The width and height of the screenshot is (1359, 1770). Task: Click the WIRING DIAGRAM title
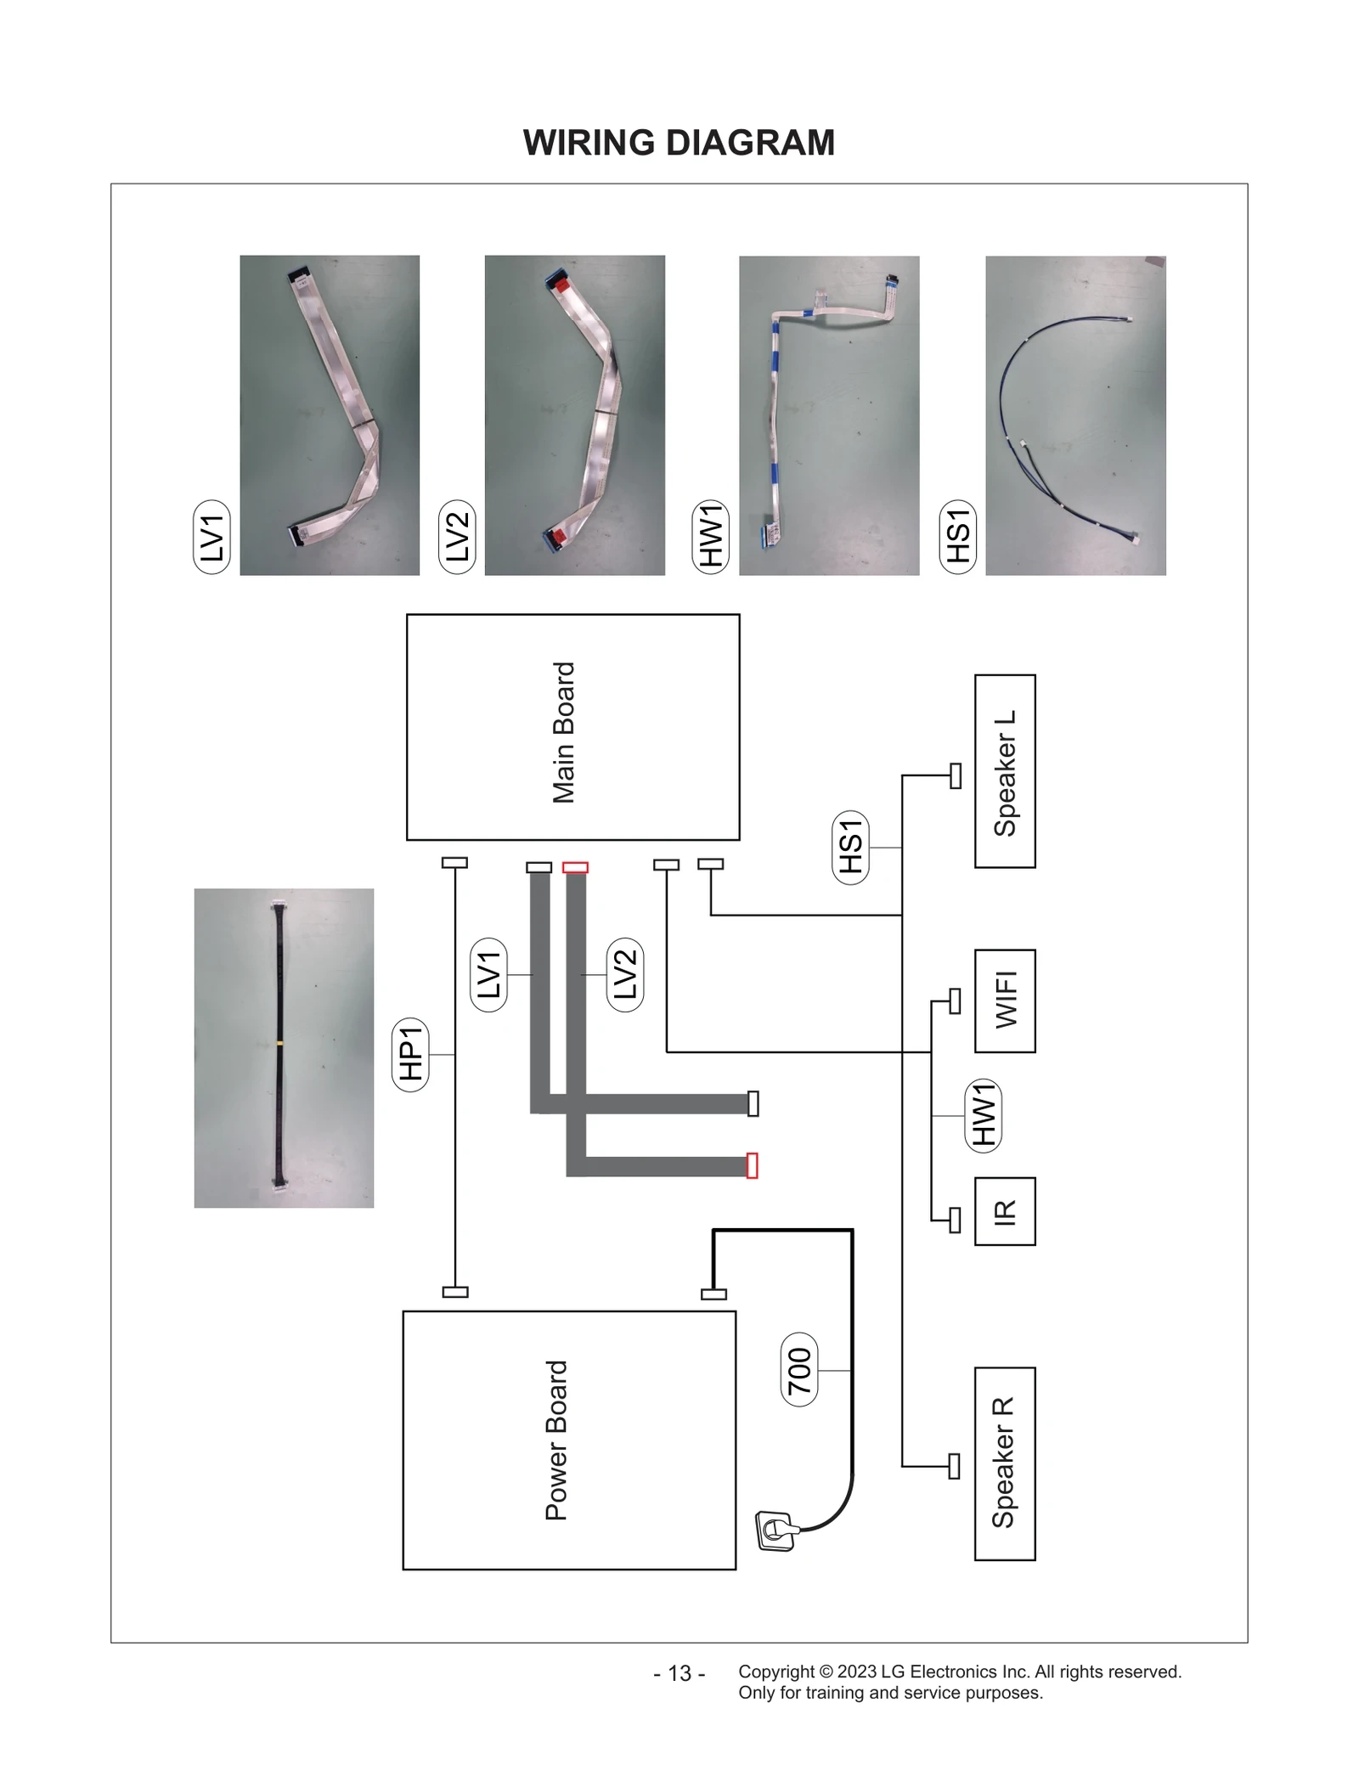[x=679, y=143]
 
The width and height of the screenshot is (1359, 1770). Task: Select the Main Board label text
[x=564, y=732]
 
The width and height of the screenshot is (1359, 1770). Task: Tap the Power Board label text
[x=556, y=1440]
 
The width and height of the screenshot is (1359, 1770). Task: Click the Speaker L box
[x=1005, y=771]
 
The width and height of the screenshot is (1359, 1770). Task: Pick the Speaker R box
[x=1004, y=1463]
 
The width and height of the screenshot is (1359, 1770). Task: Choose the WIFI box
[x=1005, y=1001]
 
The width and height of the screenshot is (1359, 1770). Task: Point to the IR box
[x=1005, y=1211]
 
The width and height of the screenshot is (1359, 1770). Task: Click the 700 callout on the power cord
[x=799, y=1371]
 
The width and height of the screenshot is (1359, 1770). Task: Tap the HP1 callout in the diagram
[x=411, y=1054]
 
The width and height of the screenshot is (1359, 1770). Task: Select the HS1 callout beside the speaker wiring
[x=850, y=847]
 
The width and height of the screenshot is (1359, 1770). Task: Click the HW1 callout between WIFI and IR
[x=984, y=1114]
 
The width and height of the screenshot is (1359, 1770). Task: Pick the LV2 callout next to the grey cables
[x=625, y=974]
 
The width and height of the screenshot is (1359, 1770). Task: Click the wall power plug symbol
[x=775, y=1531]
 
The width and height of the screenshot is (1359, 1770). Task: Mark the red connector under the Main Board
[x=575, y=867]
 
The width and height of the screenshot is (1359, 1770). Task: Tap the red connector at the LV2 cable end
[x=752, y=1165]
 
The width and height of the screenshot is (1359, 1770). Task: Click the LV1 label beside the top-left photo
[x=211, y=537]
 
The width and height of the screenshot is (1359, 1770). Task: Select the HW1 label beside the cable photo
[x=711, y=537]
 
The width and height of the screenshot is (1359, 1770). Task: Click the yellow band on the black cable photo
[x=279, y=1042]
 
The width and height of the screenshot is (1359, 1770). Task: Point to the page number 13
[x=679, y=1672]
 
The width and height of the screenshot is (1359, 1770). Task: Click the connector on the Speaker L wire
[x=956, y=775]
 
